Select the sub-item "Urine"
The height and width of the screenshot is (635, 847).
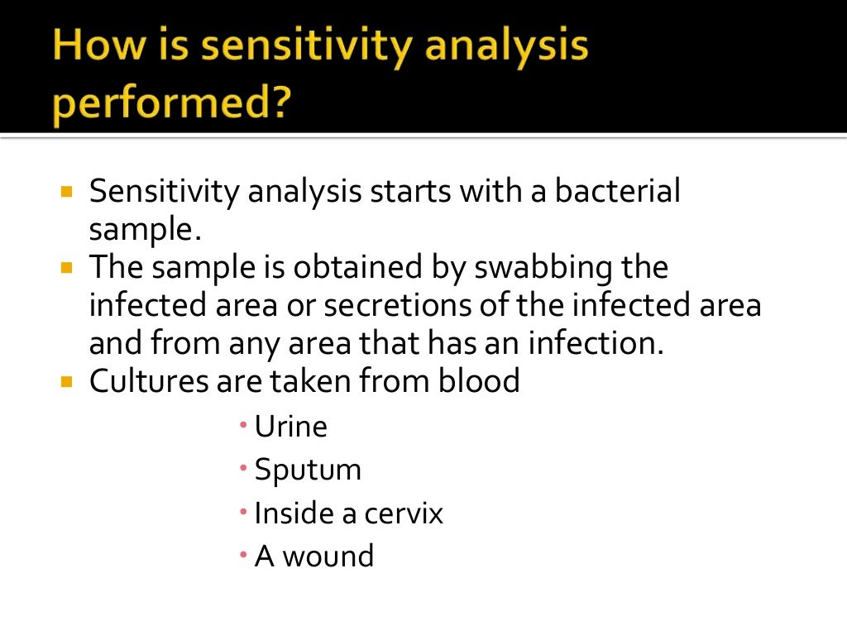pyautogui.click(x=290, y=427)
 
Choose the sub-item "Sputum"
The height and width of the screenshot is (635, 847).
pyautogui.click(x=308, y=470)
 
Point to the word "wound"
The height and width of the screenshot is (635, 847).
pyautogui.click(x=328, y=556)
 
